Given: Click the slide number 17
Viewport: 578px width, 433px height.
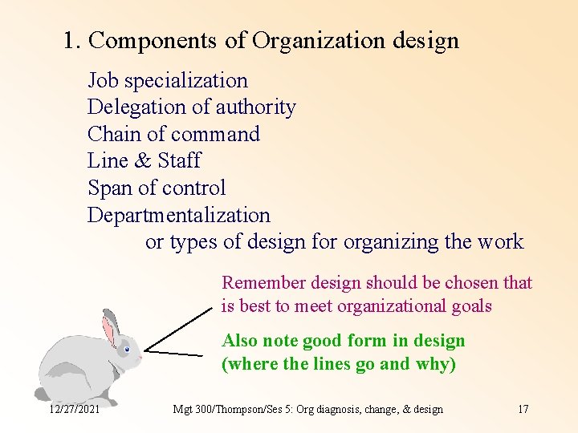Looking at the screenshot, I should pyautogui.click(x=523, y=410).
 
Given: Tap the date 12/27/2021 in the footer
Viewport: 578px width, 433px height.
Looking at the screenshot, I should pyautogui.click(x=74, y=410).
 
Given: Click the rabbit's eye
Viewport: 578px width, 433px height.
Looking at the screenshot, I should pyautogui.click(x=127, y=349).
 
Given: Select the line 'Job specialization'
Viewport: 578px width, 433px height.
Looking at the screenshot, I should pyautogui.click(x=167, y=80).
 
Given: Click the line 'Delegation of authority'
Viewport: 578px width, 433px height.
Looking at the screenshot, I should pyautogui.click(x=191, y=107).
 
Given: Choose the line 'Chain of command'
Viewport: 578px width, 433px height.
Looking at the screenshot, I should pyautogui.click(x=173, y=134).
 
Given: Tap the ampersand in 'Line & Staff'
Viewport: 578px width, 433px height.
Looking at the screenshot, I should pyautogui.click(x=143, y=161).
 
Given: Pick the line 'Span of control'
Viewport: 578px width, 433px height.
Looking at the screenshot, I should pyautogui.click(x=157, y=188).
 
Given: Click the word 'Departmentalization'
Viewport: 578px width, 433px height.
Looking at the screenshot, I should pyautogui.click(x=178, y=216).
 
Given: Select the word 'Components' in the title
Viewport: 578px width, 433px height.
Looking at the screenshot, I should pyautogui.click(x=153, y=41).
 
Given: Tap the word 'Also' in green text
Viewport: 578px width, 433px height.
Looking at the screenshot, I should pyautogui.click(x=239, y=341).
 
